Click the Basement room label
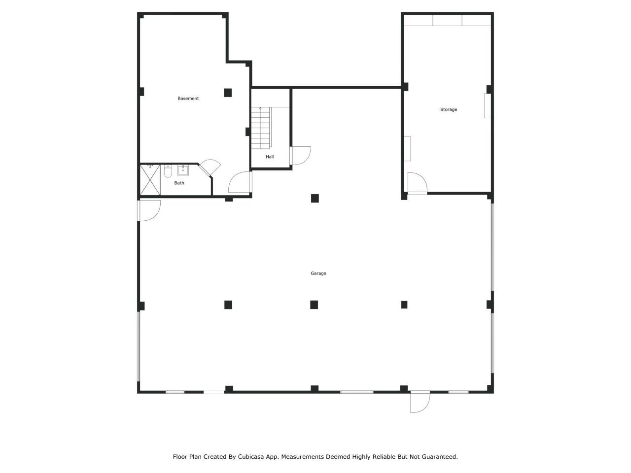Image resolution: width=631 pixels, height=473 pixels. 188,99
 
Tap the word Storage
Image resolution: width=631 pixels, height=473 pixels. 448,109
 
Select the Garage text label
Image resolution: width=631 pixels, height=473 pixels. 318,273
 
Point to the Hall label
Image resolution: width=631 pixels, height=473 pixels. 270,157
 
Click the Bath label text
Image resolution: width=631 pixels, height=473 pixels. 179,183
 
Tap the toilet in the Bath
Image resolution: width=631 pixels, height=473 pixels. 168,171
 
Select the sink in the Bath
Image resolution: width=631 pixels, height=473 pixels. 183,170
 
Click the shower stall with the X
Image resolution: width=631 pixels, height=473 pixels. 150,180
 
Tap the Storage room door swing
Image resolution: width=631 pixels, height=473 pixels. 417,183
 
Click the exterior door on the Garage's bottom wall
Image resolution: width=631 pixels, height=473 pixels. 420,402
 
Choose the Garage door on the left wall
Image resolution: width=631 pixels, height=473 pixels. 149,210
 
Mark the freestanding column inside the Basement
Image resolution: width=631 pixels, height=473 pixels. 228,93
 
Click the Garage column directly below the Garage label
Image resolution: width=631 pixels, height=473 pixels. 314,304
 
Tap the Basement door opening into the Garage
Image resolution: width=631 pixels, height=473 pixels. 240,182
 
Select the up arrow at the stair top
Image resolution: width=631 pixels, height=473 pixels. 260,108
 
